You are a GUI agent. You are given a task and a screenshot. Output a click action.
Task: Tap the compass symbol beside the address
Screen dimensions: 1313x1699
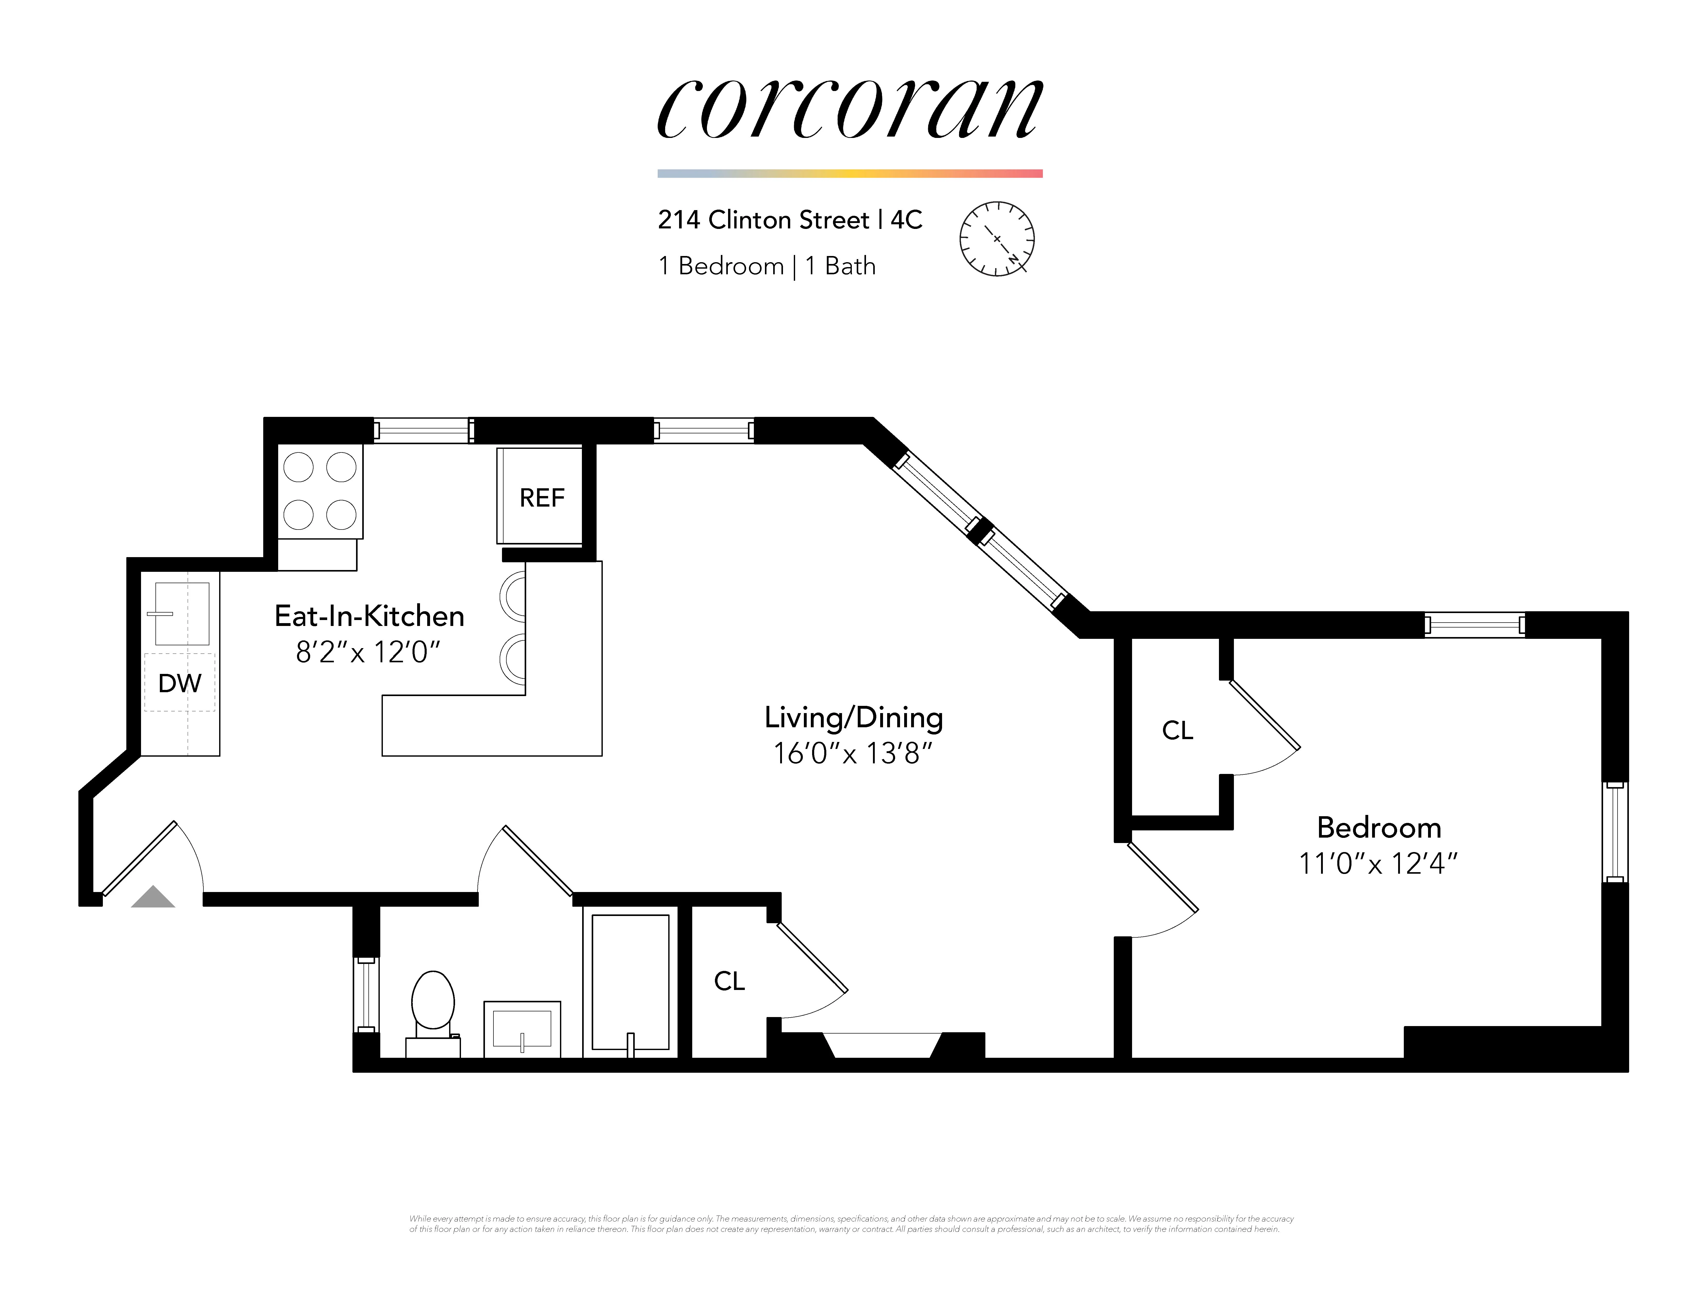point(996,239)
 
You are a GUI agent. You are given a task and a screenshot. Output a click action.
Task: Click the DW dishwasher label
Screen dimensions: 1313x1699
point(180,683)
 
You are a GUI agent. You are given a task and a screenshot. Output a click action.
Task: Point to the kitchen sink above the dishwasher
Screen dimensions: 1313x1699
point(182,614)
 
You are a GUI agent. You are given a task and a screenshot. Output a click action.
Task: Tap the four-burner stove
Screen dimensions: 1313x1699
point(320,491)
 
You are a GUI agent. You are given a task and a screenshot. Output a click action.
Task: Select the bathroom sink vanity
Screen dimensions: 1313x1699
point(522,1029)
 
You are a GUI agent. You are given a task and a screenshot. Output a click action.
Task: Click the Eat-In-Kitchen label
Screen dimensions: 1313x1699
point(369,616)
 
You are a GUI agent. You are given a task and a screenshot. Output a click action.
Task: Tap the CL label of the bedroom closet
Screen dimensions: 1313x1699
point(1177,730)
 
